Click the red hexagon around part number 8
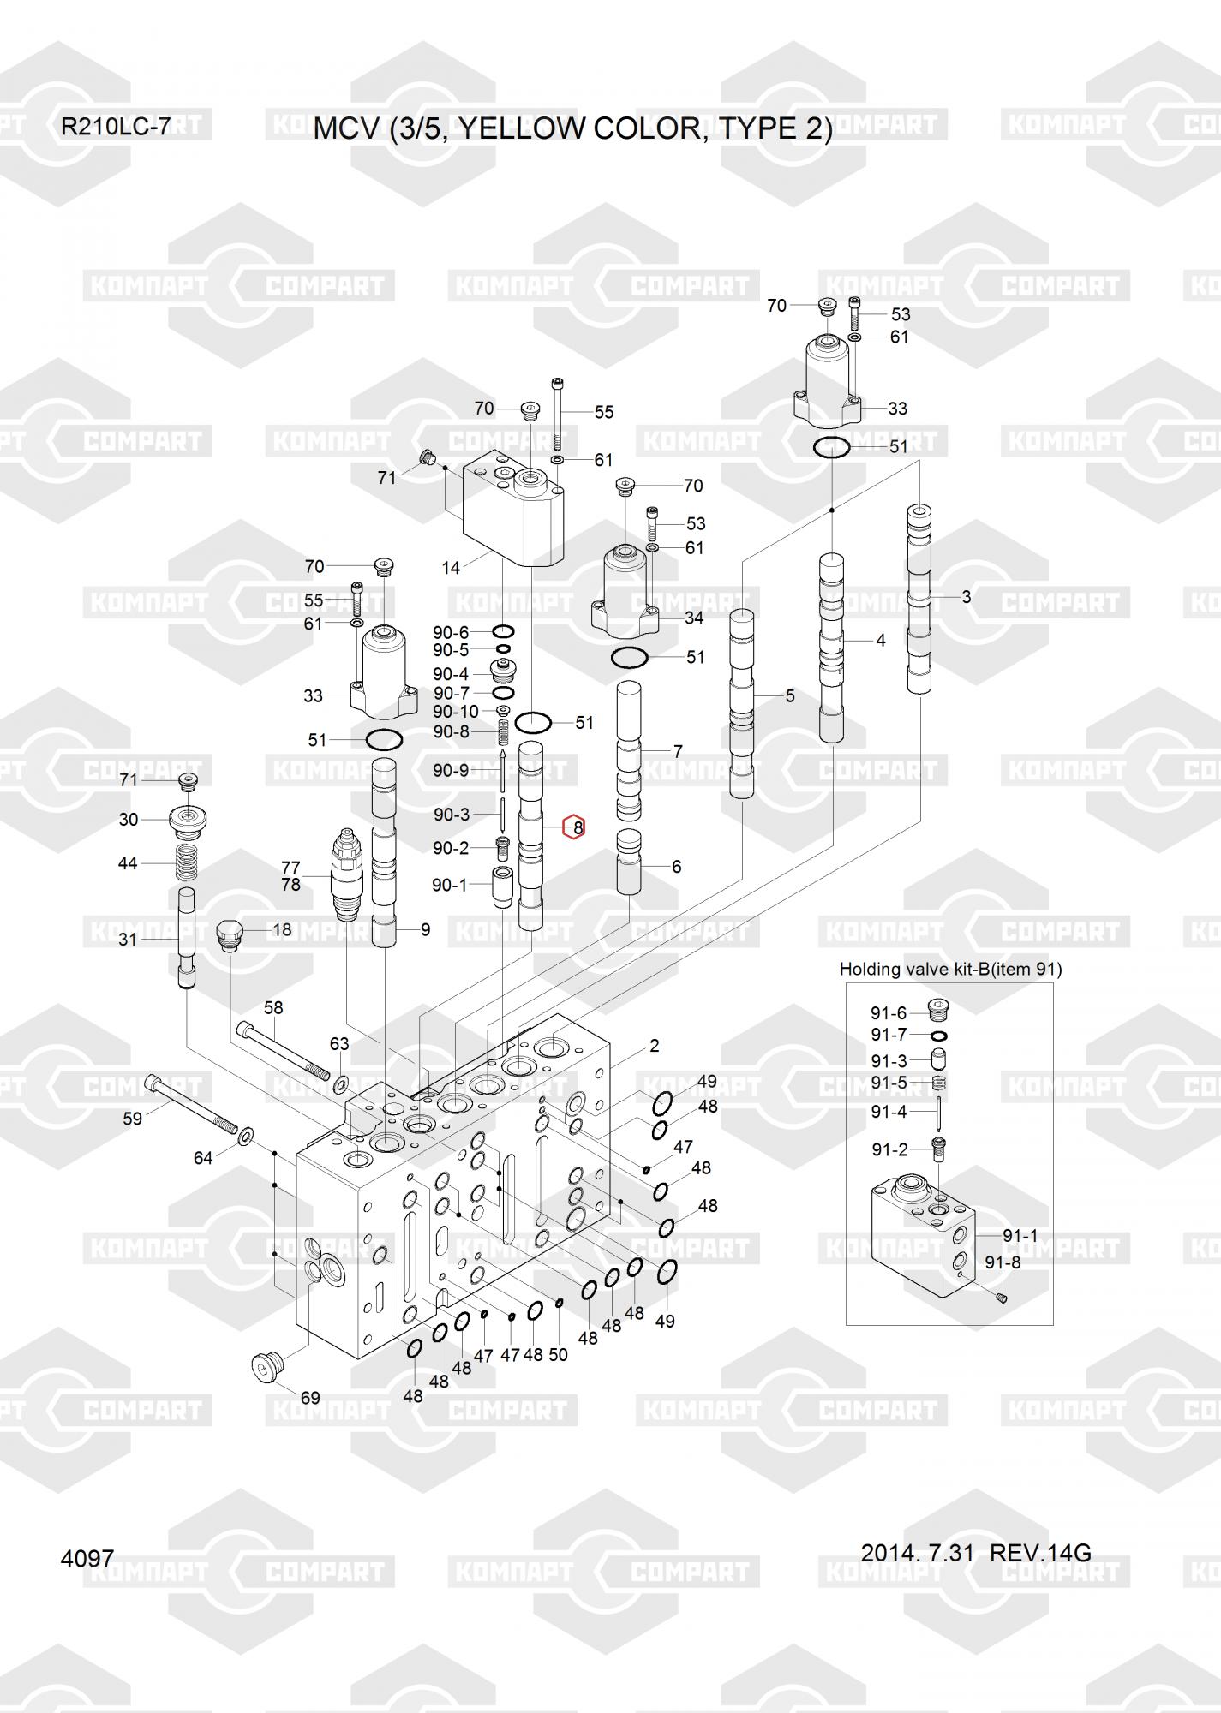coord(573,827)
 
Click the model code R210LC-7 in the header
coord(115,128)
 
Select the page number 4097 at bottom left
coord(87,1558)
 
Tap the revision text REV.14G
coord(1040,1553)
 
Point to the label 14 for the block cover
coord(451,567)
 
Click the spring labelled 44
coord(187,862)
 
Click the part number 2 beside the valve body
coord(655,1045)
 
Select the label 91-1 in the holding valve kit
coord(1020,1235)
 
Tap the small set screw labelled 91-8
coord(1002,1298)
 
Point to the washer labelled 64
coord(245,1136)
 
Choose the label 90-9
coord(451,771)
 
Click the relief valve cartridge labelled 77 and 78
coord(347,874)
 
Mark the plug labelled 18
coord(230,935)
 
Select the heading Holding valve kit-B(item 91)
coord(950,969)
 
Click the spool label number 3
coord(967,597)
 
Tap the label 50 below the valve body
coord(558,1355)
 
